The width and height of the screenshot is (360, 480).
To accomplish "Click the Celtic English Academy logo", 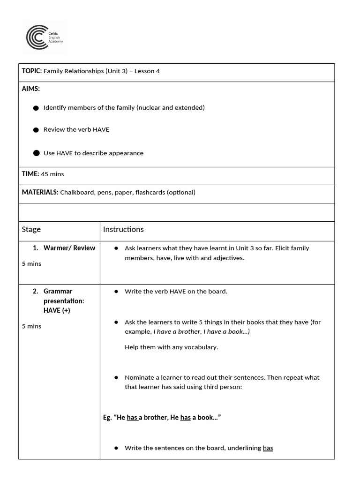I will (x=45, y=37).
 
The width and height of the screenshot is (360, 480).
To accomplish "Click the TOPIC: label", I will (x=32, y=71).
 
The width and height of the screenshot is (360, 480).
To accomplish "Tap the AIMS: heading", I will (x=31, y=89).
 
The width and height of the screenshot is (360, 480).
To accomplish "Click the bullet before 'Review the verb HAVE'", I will (x=36, y=130).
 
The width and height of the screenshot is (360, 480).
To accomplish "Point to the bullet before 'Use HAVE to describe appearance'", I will (x=36, y=153).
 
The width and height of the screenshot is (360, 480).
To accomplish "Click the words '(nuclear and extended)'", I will (x=171, y=108).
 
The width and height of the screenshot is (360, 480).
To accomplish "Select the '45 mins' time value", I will (x=52, y=174).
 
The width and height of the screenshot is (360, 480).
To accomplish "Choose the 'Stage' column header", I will (x=31, y=229).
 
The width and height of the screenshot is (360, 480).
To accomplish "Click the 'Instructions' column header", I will (x=123, y=229).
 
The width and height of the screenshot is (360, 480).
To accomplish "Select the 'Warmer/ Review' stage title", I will (x=69, y=248).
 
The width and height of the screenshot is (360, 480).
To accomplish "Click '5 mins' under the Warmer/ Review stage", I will (x=31, y=264).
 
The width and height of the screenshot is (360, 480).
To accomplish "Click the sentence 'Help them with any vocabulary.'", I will (x=171, y=347).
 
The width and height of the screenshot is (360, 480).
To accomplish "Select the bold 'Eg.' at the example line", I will (x=107, y=417).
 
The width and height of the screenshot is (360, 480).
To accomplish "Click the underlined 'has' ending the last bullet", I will (x=268, y=448).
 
